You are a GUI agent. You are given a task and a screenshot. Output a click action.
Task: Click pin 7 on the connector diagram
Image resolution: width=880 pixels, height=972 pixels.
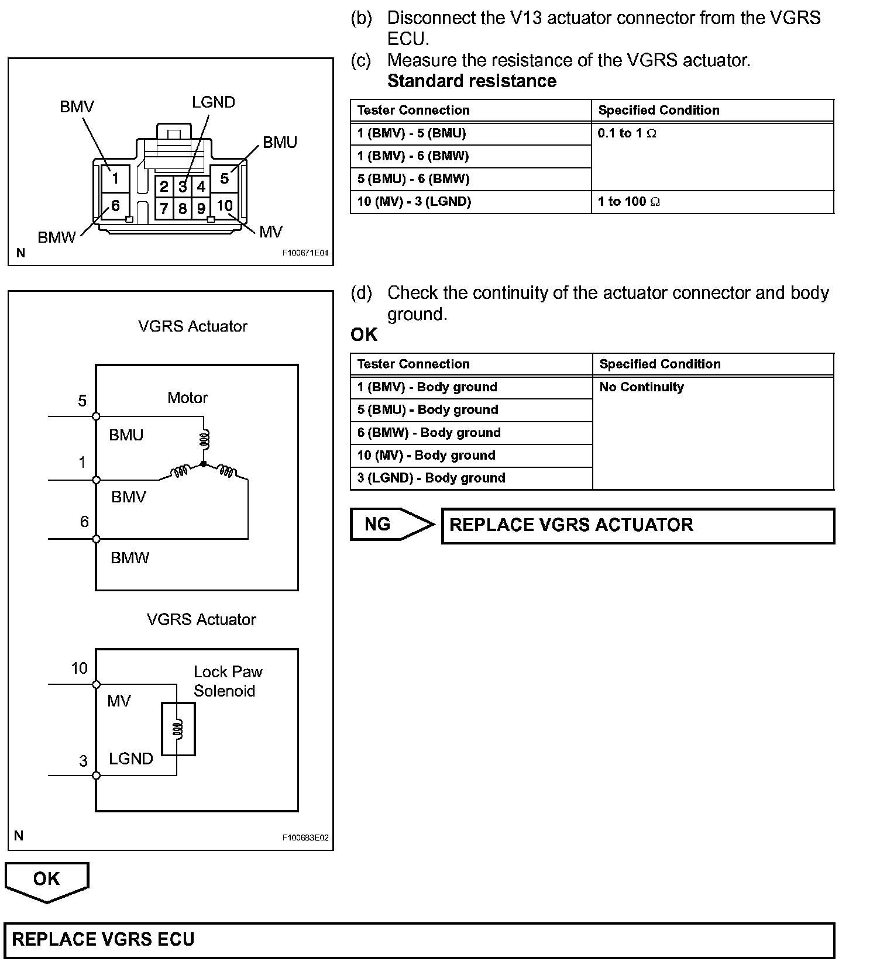pyautogui.click(x=164, y=208)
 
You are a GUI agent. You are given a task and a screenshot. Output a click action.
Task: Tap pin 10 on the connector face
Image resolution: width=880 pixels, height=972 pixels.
pyautogui.click(x=225, y=206)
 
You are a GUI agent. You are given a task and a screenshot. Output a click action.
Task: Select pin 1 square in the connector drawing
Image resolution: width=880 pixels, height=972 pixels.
pyautogui.click(x=115, y=178)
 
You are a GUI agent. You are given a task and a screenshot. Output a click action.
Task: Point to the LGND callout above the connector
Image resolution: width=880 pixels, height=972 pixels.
pyautogui.click(x=214, y=102)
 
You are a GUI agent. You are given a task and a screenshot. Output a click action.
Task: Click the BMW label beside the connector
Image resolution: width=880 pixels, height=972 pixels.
pyautogui.click(x=56, y=237)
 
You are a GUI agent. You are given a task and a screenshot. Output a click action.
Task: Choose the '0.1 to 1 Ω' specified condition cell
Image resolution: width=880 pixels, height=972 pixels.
pyautogui.click(x=627, y=133)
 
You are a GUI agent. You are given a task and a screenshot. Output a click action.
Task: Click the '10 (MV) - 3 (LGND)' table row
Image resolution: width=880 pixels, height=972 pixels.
pyautogui.click(x=414, y=202)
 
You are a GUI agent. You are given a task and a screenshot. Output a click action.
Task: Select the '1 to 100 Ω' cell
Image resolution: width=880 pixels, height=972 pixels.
pyautogui.click(x=628, y=202)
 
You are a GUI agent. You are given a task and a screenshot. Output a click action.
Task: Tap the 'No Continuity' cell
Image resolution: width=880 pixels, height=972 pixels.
pyautogui.click(x=641, y=387)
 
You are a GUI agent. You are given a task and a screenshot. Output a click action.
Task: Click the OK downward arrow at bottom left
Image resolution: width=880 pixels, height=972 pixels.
pyautogui.click(x=47, y=881)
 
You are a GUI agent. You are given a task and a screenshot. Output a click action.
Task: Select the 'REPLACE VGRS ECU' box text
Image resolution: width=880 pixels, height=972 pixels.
pyautogui.click(x=103, y=939)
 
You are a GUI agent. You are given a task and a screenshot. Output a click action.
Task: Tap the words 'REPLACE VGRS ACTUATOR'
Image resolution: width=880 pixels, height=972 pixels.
pyautogui.click(x=571, y=525)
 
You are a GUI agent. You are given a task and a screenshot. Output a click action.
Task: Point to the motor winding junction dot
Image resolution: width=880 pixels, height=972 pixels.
pyautogui.click(x=204, y=464)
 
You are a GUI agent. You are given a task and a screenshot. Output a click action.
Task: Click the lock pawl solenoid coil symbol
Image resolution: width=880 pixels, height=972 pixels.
pyautogui.click(x=178, y=729)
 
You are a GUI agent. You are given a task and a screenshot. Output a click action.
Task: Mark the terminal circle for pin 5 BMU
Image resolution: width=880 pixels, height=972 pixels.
pyautogui.click(x=97, y=416)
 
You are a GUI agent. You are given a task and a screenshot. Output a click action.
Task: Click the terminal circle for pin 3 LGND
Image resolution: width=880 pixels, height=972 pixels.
pyautogui.click(x=97, y=775)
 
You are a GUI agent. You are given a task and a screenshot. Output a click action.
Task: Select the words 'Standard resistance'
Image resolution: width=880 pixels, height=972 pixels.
pyautogui.click(x=472, y=81)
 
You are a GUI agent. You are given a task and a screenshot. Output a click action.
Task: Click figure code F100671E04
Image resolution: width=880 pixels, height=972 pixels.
pyautogui.click(x=305, y=254)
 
